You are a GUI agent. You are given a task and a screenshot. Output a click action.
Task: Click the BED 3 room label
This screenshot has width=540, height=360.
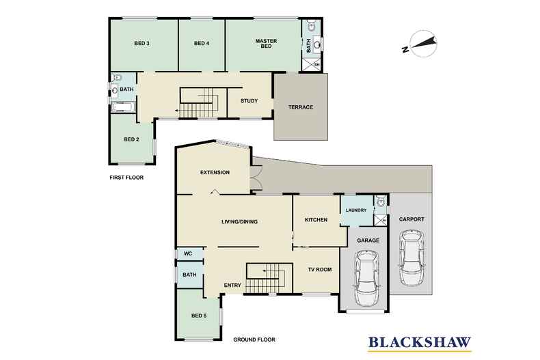tap(141, 43)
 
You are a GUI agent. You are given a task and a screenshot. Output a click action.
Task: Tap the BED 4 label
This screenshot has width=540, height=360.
tap(202, 43)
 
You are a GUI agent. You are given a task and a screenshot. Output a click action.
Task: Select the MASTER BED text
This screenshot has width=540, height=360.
tap(266, 43)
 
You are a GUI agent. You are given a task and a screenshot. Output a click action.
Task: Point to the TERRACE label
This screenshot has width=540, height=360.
tap(301, 107)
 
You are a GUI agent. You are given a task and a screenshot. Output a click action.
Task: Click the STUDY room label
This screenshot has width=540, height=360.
tap(249, 101)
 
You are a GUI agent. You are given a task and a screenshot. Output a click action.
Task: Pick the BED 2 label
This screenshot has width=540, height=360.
tap(131, 139)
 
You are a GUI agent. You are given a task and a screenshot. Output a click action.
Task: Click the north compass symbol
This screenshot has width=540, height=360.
tap(420, 44)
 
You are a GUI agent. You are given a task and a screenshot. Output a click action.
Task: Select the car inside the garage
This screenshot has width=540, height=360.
tap(367, 278)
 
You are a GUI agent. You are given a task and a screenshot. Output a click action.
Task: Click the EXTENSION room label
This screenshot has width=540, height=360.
tap(215, 172)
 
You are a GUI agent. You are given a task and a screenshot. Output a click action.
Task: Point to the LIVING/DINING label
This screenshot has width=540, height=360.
tap(239, 221)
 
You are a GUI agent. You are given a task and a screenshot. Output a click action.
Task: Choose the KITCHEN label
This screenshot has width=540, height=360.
tap(316, 219)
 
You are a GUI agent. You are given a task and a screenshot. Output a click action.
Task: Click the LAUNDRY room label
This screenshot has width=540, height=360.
tap(356, 210)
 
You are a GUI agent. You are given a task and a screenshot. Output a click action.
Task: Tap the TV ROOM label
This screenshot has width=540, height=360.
tap(320, 269)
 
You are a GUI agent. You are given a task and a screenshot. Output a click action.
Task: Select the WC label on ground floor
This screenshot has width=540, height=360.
tap(188, 253)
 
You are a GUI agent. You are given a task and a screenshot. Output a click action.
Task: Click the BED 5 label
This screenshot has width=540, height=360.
tap(199, 316)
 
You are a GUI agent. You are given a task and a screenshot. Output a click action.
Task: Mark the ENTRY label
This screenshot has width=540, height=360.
tap(232, 286)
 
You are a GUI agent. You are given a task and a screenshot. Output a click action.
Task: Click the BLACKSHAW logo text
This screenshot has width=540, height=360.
tap(420, 342)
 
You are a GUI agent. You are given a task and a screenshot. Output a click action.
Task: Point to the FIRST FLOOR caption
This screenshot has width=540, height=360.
tap(126, 178)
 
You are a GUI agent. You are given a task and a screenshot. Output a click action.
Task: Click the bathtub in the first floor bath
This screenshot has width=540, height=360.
tap(124, 107)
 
